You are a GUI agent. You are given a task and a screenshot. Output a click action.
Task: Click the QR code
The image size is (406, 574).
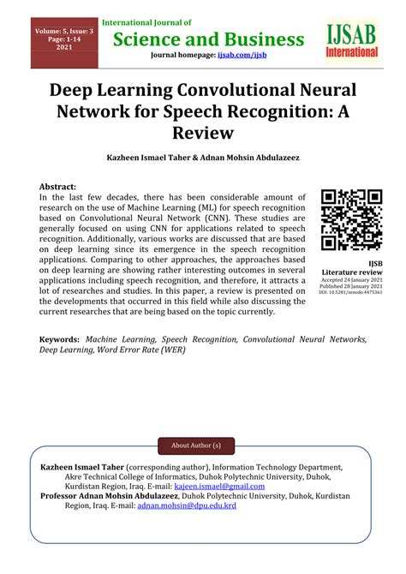tap(350, 220)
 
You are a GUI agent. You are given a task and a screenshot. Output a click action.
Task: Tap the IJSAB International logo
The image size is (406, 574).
tap(351, 41)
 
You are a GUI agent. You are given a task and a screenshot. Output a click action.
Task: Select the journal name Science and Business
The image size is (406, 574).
tap(204, 39)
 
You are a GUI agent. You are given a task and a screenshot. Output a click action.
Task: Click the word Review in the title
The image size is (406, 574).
tap(203, 133)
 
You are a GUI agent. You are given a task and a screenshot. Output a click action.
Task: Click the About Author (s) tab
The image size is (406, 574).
tap(196, 445)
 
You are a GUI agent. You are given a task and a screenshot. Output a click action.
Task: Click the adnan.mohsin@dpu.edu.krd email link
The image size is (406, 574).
tap(194, 505)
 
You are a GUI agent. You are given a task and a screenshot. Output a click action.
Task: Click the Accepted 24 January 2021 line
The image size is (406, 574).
tap(351, 280)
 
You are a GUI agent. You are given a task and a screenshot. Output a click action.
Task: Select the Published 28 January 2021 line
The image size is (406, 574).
tap(351, 286)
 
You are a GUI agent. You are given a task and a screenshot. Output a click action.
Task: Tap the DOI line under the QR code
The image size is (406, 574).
tap(351, 293)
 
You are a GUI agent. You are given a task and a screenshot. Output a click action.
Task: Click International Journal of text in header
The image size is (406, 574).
tap(146, 22)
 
